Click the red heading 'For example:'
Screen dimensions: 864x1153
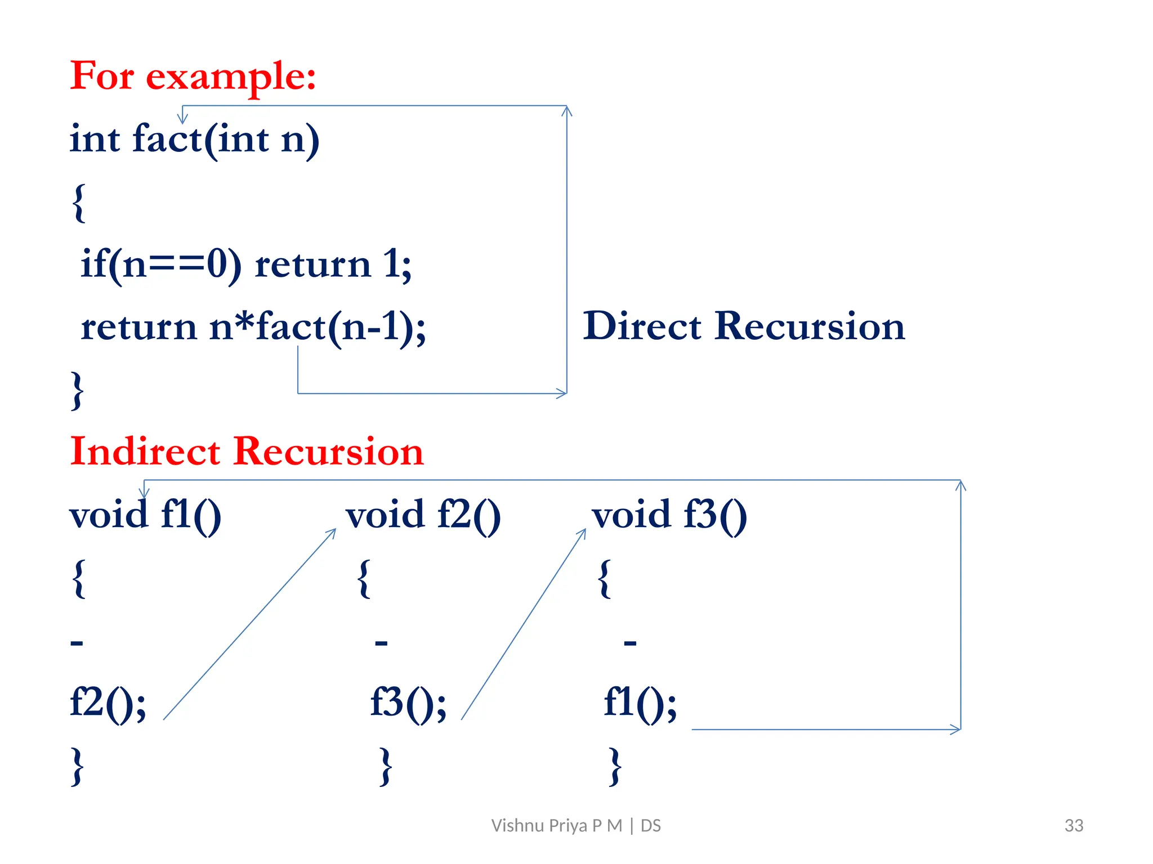193,76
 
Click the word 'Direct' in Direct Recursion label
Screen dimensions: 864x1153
642,326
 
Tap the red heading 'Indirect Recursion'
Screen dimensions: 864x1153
247,451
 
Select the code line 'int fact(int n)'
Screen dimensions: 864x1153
194,139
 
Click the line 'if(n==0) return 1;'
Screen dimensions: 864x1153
246,264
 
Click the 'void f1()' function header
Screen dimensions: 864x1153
145,515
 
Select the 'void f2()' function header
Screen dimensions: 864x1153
423,515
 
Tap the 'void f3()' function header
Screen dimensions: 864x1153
669,515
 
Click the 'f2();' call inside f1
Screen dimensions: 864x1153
108,703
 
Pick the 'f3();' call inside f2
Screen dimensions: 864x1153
408,703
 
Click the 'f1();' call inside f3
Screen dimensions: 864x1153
640,703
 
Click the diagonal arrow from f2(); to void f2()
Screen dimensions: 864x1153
249,624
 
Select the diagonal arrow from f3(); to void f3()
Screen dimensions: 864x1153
524,624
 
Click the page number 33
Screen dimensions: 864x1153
1074,825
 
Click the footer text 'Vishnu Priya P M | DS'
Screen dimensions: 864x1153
576,825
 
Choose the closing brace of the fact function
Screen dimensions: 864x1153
78,390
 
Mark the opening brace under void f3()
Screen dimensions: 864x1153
605,578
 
